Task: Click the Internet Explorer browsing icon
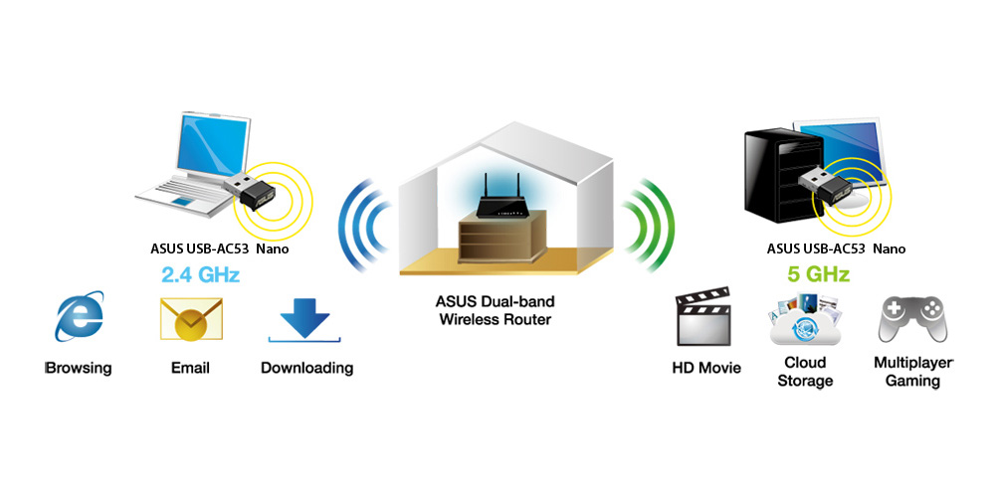(79, 316)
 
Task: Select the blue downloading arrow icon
(304, 318)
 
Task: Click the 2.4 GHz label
(200, 275)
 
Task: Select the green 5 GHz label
(817, 275)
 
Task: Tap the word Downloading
(307, 368)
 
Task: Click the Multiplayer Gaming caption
(913, 372)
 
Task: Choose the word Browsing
(79, 368)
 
